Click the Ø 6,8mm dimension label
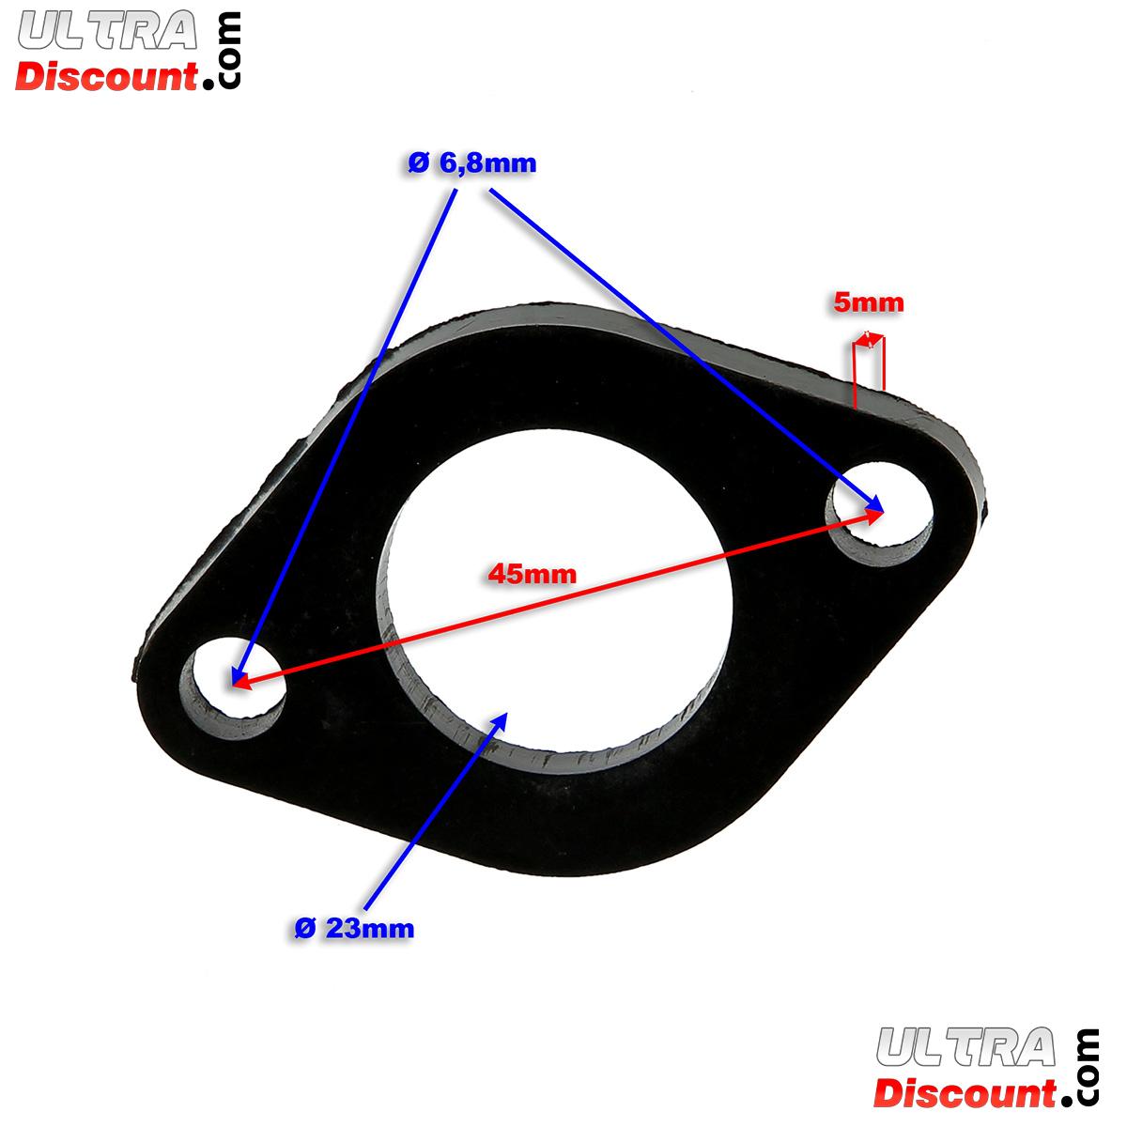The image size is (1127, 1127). (472, 164)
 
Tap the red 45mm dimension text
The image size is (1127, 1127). (532, 574)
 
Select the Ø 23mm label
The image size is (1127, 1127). (354, 929)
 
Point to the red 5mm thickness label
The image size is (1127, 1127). (868, 302)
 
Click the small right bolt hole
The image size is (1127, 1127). (879, 516)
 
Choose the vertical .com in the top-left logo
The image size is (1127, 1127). (228, 51)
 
